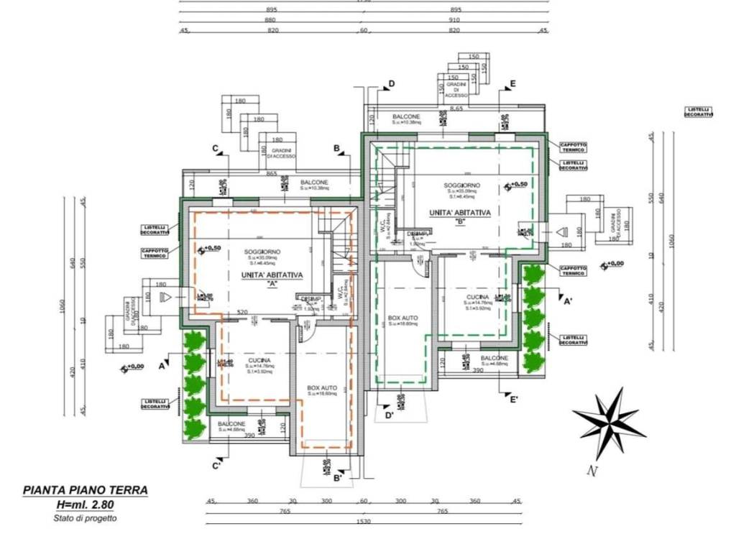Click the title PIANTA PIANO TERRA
tap(86, 491)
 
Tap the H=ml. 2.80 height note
tap(86, 505)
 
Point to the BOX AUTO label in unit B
tap(402, 317)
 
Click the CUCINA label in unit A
tap(259, 361)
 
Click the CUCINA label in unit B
tap(477, 298)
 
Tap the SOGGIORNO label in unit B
tap(461, 186)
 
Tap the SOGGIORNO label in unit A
tap(262, 252)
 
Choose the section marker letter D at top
tap(392, 84)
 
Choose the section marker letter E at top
tap(512, 84)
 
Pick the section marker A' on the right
tap(567, 302)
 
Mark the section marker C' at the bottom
tap(216, 466)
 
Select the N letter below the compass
tap(592, 471)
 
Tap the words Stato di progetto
tap(86, 517)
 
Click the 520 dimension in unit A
tap(242, 313)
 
